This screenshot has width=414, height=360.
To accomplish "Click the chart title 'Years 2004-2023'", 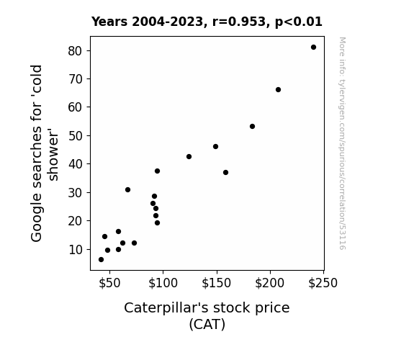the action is pyautogui.click(x=148, y=22).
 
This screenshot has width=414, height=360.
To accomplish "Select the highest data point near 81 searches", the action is pyautogui.click(x=313, y=48).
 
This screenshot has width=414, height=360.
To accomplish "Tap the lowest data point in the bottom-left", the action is pyautogui.click(x=101, y=260).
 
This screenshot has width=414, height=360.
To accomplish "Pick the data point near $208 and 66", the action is pyautogui.click(x=278, y=90).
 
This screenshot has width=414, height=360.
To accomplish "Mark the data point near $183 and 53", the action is pyautogui.click(x=252, y=127).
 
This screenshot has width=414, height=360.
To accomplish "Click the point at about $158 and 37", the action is pyautogui.click(x=225, y=173).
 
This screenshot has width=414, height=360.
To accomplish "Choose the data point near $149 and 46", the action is pyautogui.click(x=215, y=147).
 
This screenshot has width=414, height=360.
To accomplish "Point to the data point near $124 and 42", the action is pyautogui.click(x=189, y=157).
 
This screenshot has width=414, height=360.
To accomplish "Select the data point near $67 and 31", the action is pyautogui.click(x=127, y=189).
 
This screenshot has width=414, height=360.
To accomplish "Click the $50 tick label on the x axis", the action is pyautogui.click(x=109, y=283).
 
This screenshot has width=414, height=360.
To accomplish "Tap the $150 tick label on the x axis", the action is pyautogui.click(x=216, y=283).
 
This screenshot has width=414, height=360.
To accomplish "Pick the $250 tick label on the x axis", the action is pyautogui.click(x=323, y=283).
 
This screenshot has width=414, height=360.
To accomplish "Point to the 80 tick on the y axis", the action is pyautogui.click(x=76, y=51).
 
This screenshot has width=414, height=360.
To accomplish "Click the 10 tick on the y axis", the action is pyautogui.click(x=76, y=249).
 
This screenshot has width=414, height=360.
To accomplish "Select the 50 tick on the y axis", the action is pyautogui.click(x=76, y=136).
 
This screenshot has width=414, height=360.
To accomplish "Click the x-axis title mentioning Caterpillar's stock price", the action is pyautogui.click(x=207, y=308).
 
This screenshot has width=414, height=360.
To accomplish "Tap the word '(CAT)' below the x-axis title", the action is pyautogui.click(x=207, y=324).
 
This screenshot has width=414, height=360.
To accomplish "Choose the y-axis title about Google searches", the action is pyautogui.click(x=45, y=153).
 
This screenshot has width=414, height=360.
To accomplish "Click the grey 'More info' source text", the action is pyautogui.click(x=342, y=143).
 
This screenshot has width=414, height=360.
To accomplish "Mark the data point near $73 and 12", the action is pyautogui.click(x=134, y=243).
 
